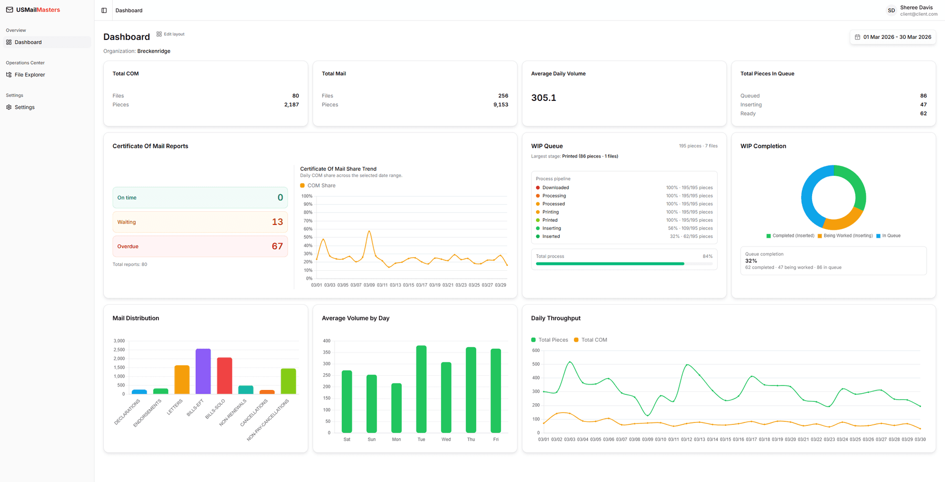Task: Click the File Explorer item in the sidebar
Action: coord(30,75)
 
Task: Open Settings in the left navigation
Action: coord(25,107)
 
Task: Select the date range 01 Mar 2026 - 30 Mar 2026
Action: coord(893,37)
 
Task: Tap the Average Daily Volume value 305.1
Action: coord(543,98)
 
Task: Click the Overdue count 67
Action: coord(277,246)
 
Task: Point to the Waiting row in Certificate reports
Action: coord(200,222)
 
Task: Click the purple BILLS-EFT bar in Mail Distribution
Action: coord(203,372)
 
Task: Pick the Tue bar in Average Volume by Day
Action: coord(421,389)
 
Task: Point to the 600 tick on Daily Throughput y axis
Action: coord(536,351)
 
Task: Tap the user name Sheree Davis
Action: coord(916,7)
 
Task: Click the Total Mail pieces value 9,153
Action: coord(501,105)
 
